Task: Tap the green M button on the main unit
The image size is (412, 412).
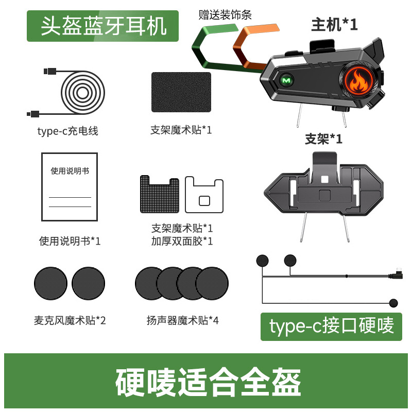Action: [285, 81]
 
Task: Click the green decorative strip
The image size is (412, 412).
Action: [206, 51]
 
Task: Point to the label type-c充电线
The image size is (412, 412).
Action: [67, 131]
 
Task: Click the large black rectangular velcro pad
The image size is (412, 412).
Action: [181, 92]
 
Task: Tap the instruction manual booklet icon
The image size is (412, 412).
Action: [70, 186]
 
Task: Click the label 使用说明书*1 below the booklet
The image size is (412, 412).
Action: [70, 241]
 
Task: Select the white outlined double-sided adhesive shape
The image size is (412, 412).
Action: [204, 195]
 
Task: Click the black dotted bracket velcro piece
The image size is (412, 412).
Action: [160, 195]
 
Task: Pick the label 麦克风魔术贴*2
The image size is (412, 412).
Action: [70, 320]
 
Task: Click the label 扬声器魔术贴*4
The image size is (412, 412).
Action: [182, 320]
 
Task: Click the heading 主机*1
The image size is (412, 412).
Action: [334, 24]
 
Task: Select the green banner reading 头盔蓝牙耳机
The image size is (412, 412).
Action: [103, 26]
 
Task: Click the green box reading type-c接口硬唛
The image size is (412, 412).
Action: [331, 325]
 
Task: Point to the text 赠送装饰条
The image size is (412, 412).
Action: [225, 15]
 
